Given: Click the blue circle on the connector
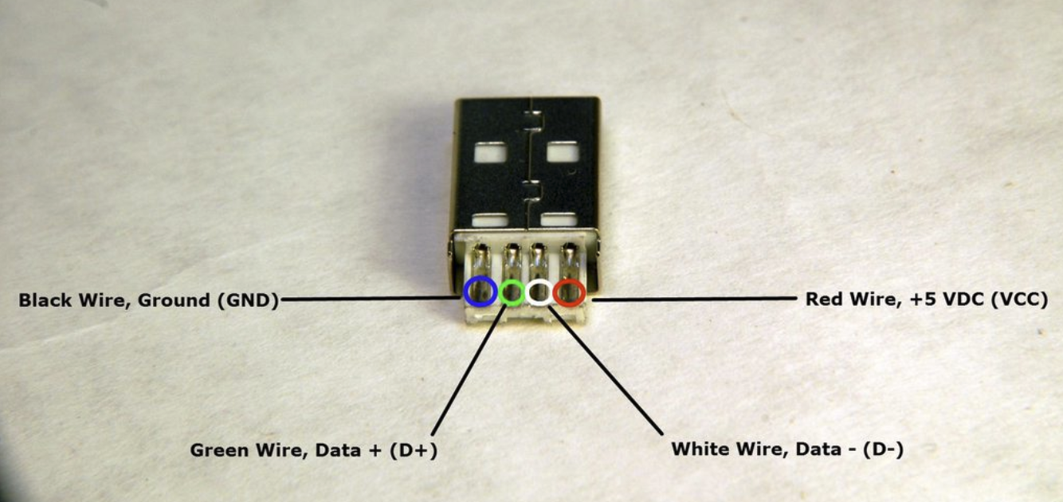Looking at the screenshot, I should coord(478,291).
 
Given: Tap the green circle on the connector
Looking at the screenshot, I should coord(512,292).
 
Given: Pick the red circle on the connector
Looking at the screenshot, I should coord(569,292).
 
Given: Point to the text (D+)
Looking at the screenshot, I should coord(412,450).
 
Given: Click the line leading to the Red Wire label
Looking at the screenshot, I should coord(693,300).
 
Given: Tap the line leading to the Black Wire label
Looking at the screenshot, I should coord(371,300).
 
